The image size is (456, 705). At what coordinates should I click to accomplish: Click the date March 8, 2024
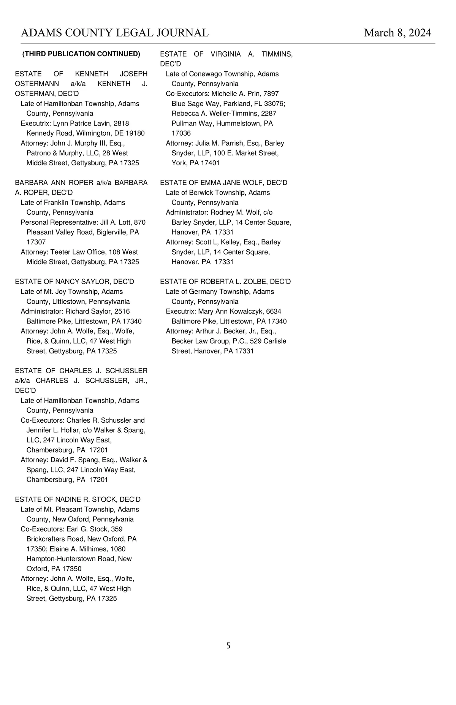coord(397,33)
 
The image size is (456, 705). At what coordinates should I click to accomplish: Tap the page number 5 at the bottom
coord(228,645)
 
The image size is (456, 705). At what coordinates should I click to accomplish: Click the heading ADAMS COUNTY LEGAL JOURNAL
coord(115,33)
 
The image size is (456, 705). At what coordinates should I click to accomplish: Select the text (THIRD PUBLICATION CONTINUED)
coord(81,54)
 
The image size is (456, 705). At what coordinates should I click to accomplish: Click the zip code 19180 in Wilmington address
coord(135,133)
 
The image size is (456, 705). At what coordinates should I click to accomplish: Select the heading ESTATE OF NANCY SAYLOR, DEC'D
coord(74,282)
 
